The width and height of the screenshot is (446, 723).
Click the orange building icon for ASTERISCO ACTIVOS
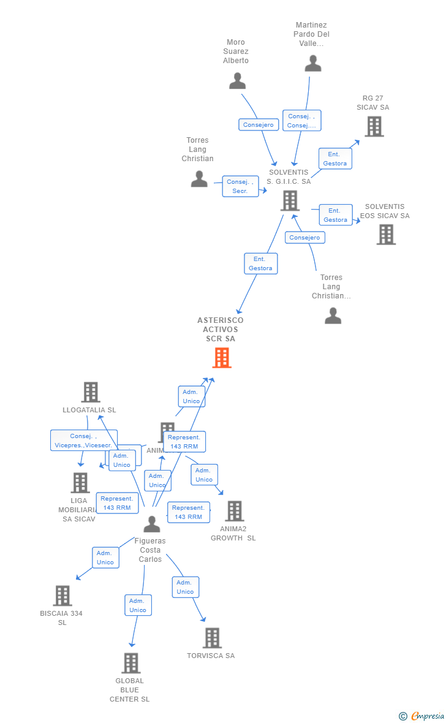(222, 357)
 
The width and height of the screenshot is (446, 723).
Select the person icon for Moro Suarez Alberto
(237, 81)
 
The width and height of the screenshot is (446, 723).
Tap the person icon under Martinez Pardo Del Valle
(313, 63)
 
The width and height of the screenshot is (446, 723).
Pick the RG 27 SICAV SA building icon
(374, 126)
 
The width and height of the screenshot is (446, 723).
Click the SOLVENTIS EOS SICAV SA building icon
(386, 234)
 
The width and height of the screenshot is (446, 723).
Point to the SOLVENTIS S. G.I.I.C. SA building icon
(289, 200)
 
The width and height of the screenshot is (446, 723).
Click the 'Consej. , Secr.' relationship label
(240, 186)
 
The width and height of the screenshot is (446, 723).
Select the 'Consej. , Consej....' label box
(301, 121)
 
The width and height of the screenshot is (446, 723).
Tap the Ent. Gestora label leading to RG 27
(335, 159)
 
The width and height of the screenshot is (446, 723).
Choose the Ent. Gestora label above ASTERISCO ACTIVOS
(261, 263)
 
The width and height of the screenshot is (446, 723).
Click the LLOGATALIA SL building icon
(91, 392)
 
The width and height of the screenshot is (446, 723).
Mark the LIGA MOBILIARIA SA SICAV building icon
(80, 483)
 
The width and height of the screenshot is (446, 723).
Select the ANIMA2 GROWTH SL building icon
(234, 511)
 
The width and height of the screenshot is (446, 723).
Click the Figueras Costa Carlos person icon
(151, 524)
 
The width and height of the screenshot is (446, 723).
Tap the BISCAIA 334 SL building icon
(62, 596)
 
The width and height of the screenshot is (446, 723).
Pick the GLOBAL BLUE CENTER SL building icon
(130, 663)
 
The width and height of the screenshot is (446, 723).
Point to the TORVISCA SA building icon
(212, 638)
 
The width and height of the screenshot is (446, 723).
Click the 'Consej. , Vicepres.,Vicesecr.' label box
(83, 441)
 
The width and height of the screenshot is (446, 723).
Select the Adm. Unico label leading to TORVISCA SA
(185, 587)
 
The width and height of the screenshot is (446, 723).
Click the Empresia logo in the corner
(423, 716)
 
